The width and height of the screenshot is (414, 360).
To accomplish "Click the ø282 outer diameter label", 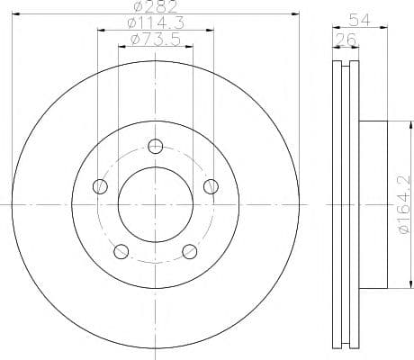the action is pyautogui.click(x=156, y=6).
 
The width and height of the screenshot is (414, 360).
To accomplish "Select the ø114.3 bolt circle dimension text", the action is pyautogui.click(x=156, y=23).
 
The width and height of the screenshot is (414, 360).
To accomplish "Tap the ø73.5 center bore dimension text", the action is pyautogui.click(x=156, y=40).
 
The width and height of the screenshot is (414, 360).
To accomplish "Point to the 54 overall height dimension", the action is pyautogui.click(x=360, y=21).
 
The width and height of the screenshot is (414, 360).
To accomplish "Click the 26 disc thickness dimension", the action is pyautogui.click(x=346, y=40).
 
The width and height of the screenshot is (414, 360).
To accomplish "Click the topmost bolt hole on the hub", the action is pyautogui.click(x=156, y=147).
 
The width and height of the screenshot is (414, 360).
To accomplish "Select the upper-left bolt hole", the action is pyautogui.click(x=100, y=186).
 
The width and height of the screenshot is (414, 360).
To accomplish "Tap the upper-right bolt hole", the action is pyautogui.click(x=211, y=186).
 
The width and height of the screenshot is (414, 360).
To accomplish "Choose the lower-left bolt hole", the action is pyautogui.click(x=121, y=251).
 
